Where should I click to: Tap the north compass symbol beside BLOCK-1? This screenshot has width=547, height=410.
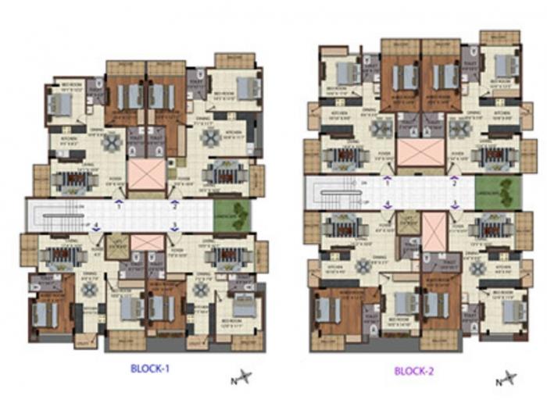coord(241,380)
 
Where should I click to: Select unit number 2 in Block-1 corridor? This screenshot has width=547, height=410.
coord(174,207)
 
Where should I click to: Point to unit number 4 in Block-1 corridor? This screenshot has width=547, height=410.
coord(97,226)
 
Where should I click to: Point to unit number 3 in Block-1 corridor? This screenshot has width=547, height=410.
coord(174,227)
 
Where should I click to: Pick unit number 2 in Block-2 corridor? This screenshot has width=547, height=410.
coord(454,184)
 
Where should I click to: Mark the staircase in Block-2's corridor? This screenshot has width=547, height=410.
coord(336,193)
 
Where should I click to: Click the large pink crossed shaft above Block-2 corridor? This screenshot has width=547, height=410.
coord(420,152)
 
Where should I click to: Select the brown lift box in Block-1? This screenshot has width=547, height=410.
coord(117,245)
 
